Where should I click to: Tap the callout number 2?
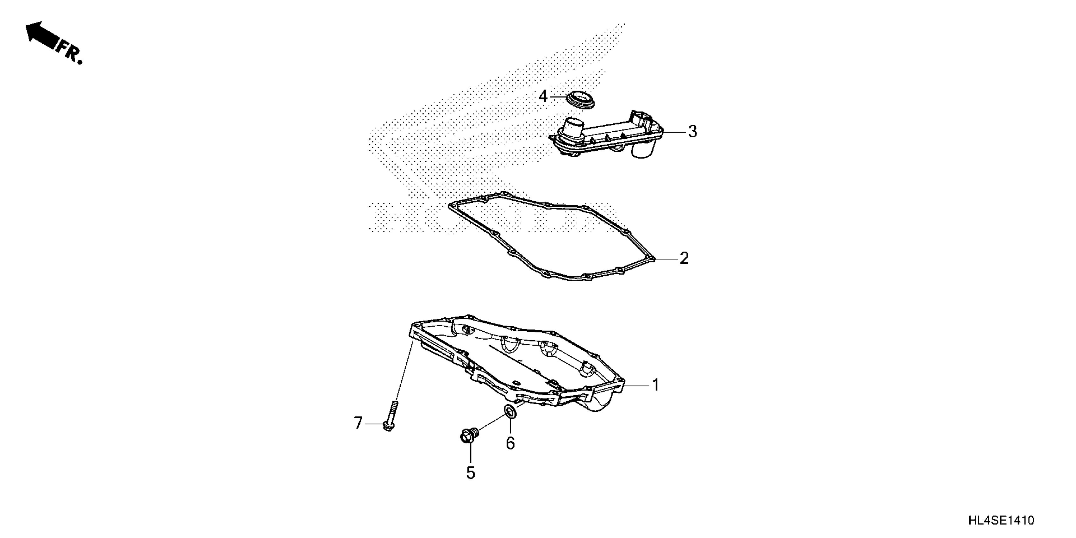pyautogui.click(x=684, y=258)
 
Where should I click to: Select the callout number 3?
pyautogui.click(x=692, y=132)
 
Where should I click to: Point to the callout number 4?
pyautogui.click(x=543, y=97)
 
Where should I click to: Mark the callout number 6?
pyautogui.click(x=510, y=443)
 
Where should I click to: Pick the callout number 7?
pyautogui.click(x=358, y=423)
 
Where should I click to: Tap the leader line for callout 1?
pyautogui.click(x=637, y=385)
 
